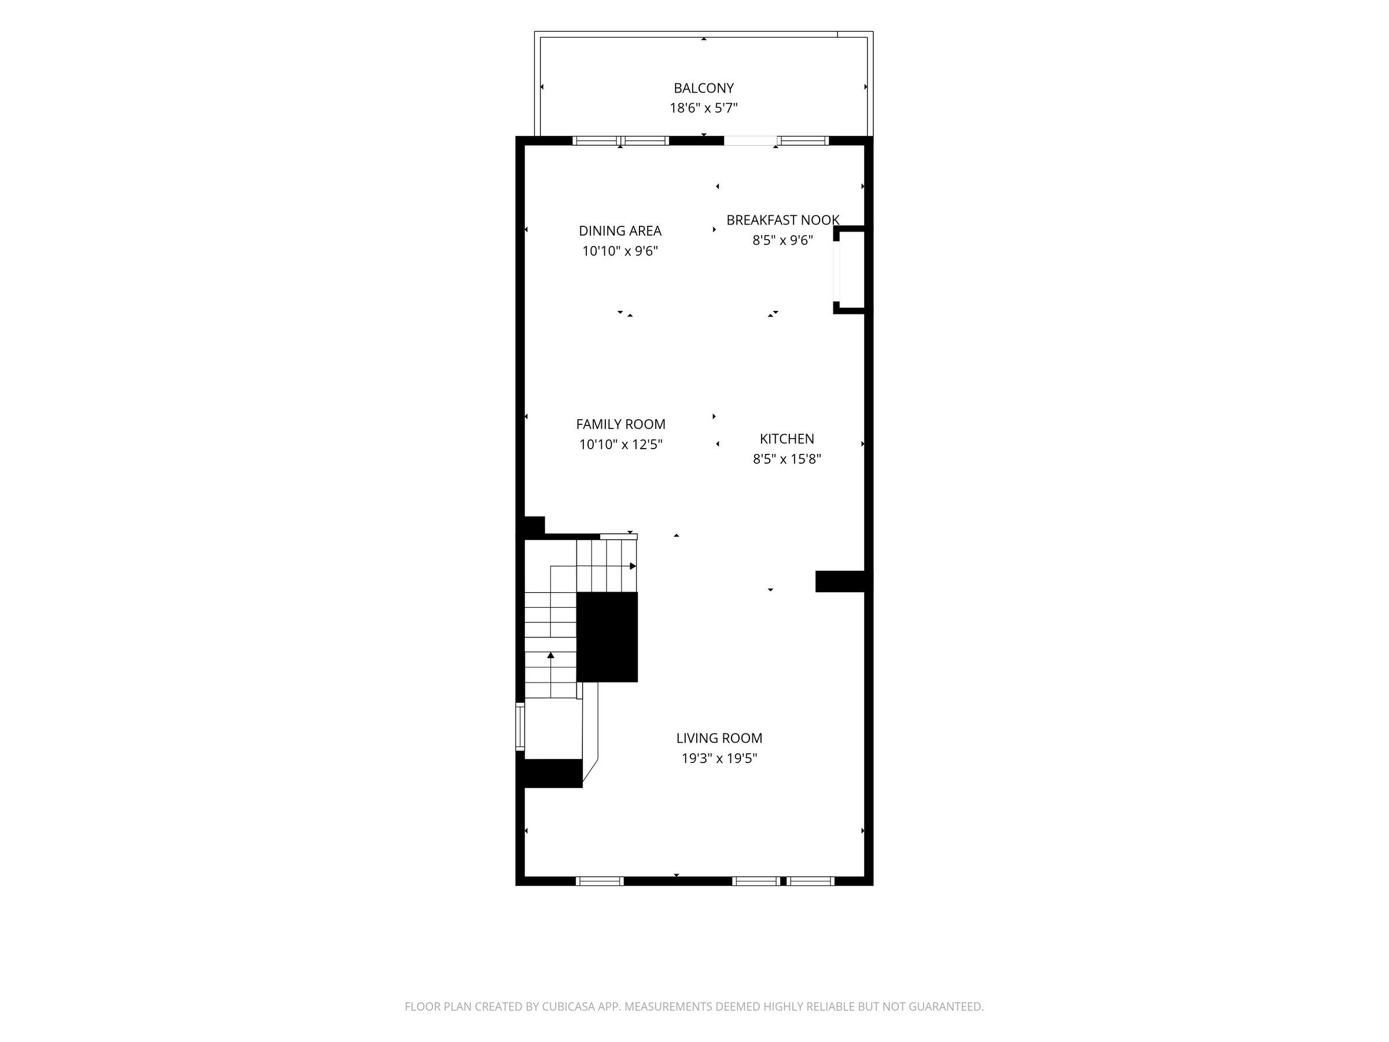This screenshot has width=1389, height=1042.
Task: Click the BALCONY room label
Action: click(x=703, y=88)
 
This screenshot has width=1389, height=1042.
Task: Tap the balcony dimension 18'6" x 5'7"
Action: click(x=703, y=108)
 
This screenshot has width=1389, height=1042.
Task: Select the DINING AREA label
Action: click(x=620, y=230)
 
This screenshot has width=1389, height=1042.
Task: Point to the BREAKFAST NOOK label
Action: click(x=782, y=220)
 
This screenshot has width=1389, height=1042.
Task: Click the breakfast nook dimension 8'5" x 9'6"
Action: click(x=782, y=240)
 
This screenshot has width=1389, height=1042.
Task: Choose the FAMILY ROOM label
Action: click(x=620, y=424)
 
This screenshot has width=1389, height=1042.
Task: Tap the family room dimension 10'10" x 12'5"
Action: click(x=620, y=444)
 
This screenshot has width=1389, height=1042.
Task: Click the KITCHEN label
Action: click(x=787, y=438)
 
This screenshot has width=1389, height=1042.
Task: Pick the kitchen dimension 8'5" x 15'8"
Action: click(x=787, y=458)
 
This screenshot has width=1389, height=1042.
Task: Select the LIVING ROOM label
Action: click(x=719, y=738)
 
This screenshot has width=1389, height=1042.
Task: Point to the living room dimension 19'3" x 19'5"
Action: click(x=719, y=758)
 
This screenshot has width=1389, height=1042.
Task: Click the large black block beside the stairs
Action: click(x=607, y=637)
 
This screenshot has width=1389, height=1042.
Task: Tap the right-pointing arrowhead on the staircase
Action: click(x=633, y=566)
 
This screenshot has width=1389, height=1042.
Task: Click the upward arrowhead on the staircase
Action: click(x=551, y=655)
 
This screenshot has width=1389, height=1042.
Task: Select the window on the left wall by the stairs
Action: click(x=520, y=726)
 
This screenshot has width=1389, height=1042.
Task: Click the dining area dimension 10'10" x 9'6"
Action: click(x=620, y=251)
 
